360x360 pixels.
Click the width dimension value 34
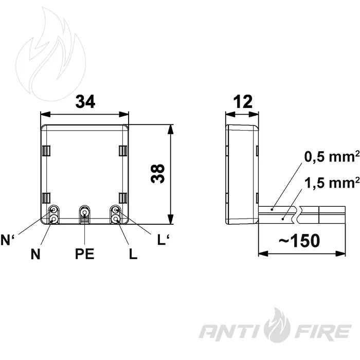point(85,102)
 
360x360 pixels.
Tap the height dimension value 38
point(158,174)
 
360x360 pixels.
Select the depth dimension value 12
point(243,102)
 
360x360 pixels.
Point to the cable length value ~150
point(299,241)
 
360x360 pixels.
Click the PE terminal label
point(85,254)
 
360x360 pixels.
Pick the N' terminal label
point(7,240)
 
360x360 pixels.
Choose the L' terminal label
point(163,240)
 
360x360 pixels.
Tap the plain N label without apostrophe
point(35,254)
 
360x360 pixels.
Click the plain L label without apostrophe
point(133,254)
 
